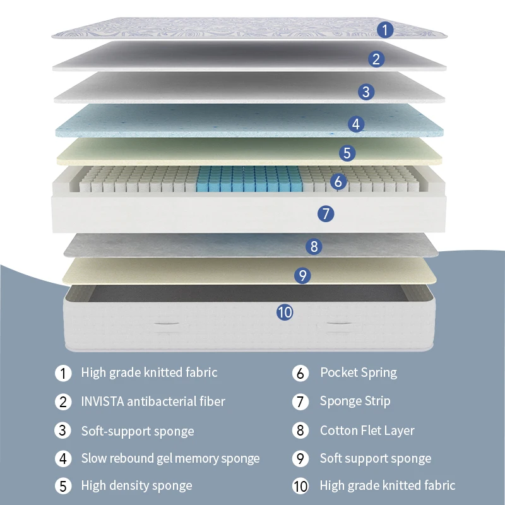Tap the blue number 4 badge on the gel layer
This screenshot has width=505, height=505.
click(x=357, y=124)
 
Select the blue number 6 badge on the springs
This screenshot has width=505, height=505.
click(x=339, y=182)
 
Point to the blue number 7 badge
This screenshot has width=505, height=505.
click(x=325, y=213)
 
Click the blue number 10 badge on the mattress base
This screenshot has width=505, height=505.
click(x=285, y=311)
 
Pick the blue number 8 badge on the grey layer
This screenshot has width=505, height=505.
click(x=314, y=247)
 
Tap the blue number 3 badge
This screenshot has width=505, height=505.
click(x=365, y=92)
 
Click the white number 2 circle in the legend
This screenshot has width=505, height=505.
click(x=63, y=401)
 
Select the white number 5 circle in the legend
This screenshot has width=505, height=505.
click(x=63, y=486)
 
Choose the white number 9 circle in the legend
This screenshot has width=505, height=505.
click(x=301, y=458)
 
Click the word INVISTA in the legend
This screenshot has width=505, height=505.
click(x=102, y=401)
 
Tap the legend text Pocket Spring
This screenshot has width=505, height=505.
click(x=359, y=372)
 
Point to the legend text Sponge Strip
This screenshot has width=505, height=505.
click(x=355, y=401)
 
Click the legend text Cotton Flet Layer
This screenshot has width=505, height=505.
click(x=367, y=431)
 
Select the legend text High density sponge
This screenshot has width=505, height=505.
click(x=136, y=486)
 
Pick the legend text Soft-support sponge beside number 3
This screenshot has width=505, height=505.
click(x=137, y=431)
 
